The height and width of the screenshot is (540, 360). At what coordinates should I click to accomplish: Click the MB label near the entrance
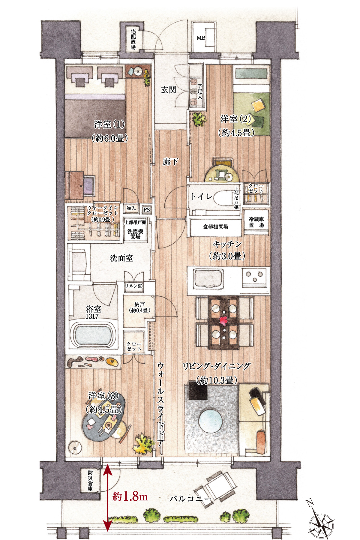coord(201,38)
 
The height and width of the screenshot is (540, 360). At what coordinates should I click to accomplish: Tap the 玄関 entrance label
coord(169,90)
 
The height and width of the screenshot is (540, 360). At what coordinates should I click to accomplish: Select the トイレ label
coord(201,196)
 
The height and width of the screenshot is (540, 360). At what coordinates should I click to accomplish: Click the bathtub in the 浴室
coord(93,335)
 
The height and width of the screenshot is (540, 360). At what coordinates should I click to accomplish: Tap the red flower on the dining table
coord(223,320)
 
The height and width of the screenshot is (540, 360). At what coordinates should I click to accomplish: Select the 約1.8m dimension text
coord(130,496)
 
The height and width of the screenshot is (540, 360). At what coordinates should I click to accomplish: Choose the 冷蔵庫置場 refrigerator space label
coord(256,222)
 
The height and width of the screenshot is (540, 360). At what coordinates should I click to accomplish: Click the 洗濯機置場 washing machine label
coord(135,234)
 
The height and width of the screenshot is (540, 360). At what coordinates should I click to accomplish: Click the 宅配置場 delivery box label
coord(133,39)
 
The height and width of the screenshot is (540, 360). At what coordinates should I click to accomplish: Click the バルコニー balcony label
coord(190,498)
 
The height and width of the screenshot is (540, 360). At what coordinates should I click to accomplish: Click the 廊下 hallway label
coord(170,162)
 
